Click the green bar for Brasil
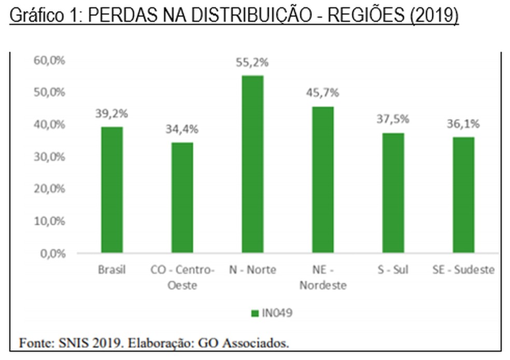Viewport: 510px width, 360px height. (x=112, y=190)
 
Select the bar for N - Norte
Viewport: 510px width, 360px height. (x=252, y=164)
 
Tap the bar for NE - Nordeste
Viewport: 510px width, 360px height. (x=322, y=180)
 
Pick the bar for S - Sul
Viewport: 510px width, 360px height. (x=393, y=193)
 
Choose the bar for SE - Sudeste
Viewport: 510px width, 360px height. (x=463, y=195)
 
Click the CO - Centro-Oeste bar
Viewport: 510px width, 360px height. (x=182, y=197)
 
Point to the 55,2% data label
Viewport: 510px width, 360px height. (x=252, y=63)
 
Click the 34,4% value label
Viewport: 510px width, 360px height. (x=182, y=129)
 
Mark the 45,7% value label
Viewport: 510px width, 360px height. (x=322, y=93)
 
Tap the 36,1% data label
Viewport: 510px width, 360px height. (x=463, y=124)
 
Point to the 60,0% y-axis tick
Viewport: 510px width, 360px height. (x=49, y=60)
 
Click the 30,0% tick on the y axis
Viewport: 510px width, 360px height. (x=49, y=157)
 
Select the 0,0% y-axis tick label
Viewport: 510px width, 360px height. (x=52, y=254)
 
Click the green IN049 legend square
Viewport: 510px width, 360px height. (x=254, y=313)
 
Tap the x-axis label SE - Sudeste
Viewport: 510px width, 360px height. (x=463, y=270)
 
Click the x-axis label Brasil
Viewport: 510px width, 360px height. (x=112, y=270)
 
